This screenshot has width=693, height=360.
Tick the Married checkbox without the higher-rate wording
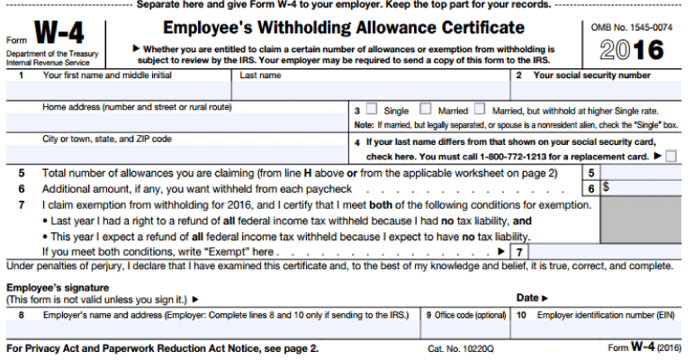427,110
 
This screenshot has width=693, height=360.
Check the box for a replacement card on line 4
671,156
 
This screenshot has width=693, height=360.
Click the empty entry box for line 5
640,173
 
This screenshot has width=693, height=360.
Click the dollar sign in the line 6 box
606,189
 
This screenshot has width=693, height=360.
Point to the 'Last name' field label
260,76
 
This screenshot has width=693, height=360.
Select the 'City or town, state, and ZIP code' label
107,139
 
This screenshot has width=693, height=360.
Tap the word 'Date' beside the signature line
528,297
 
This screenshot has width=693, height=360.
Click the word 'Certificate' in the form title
478,29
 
